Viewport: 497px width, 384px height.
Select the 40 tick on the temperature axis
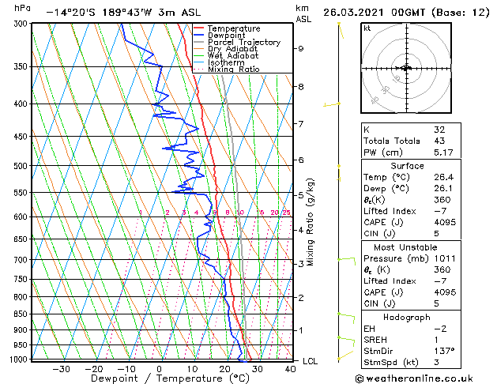coord(291,368)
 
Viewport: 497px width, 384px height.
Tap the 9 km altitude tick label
coord(301,48)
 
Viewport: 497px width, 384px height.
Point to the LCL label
coord(311,361)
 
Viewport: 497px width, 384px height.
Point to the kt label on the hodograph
coord(367,28)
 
